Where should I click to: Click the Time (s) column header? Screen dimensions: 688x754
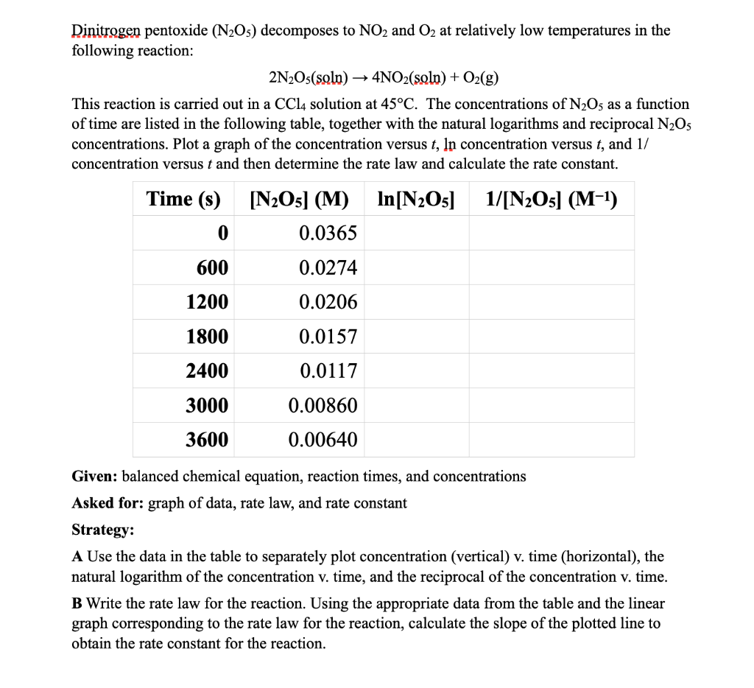[x=183, y=199]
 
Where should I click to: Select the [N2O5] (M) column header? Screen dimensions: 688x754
[x=300, y=199]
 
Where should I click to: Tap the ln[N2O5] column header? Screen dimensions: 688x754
[x=415, y=199]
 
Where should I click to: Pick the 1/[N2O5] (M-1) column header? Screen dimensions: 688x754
[x=552, y=199]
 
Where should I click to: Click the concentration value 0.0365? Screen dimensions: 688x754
[x=328, y=234]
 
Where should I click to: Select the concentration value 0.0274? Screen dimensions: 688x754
[x=328, y=268]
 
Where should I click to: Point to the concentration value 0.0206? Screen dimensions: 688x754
[x=328, y=302]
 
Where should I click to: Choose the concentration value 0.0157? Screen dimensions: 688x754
[x=328, y=337]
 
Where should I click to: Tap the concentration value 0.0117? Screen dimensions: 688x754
[x=328, y=371]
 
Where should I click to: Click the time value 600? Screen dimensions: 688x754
[x=212, y=268]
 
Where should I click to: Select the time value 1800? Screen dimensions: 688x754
[x=207, y=337]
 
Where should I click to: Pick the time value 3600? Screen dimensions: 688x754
[x=207, y=440]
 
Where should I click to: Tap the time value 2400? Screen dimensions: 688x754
[x=207, y=371]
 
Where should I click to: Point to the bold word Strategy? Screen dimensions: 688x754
[x=102, y=530]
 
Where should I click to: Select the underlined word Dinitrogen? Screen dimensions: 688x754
[x=106, y=31]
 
